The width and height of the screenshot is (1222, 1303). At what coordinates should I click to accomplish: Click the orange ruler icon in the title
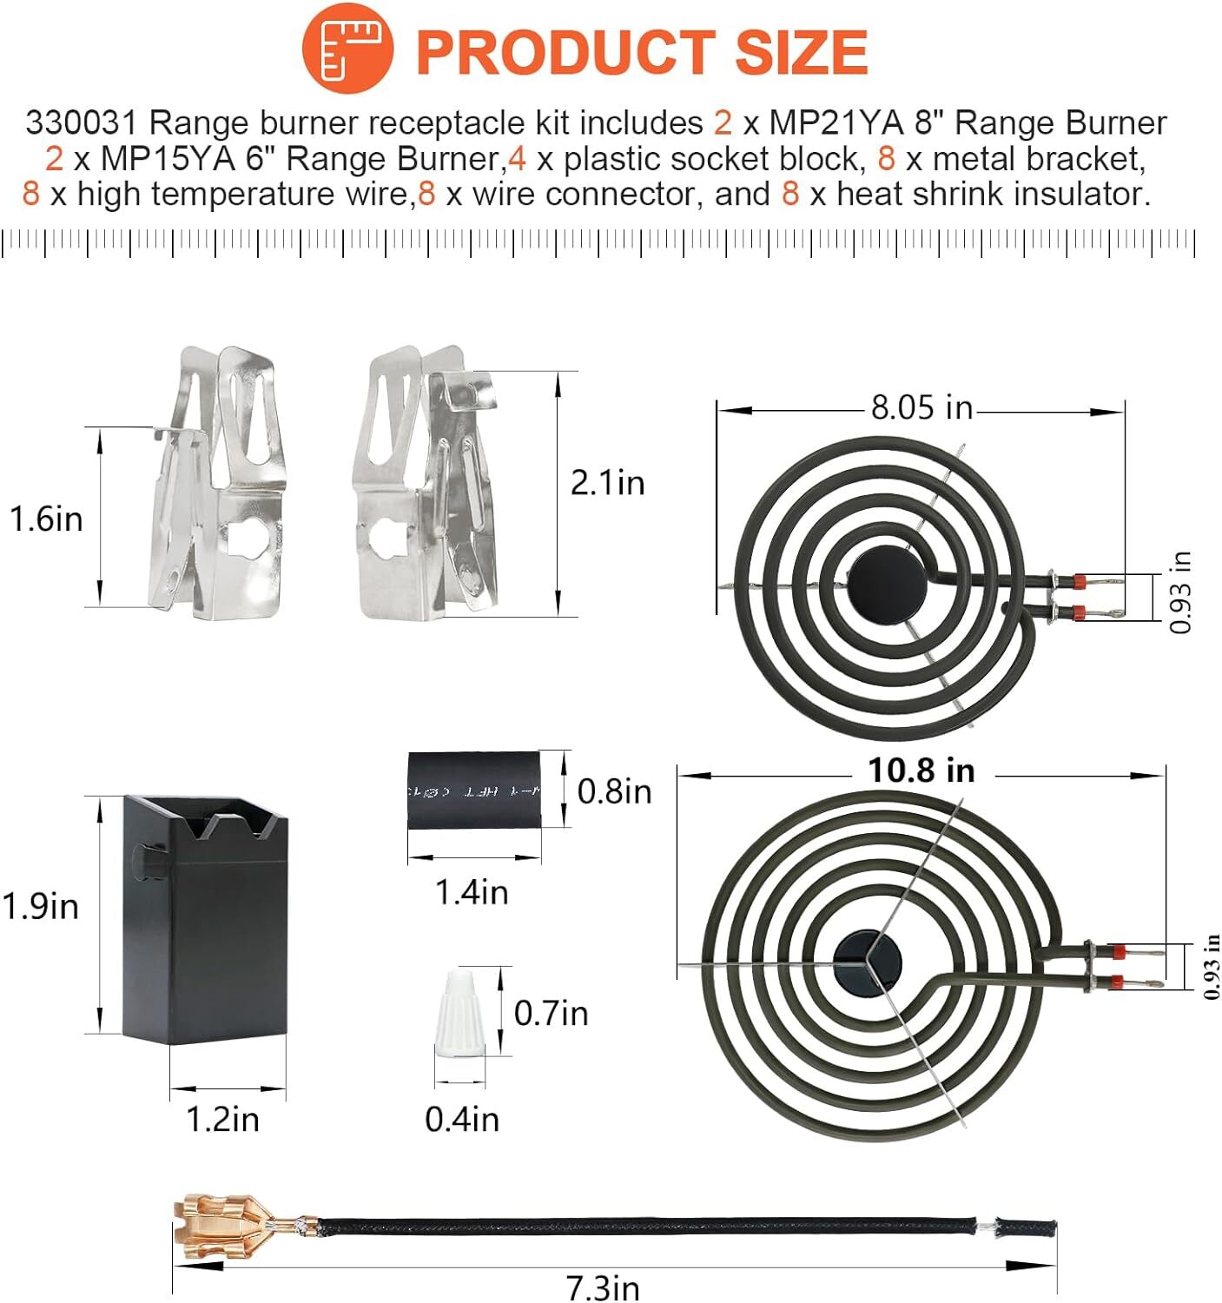click(347, 47)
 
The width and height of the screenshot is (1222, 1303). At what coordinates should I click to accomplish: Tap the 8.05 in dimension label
click(921, 408)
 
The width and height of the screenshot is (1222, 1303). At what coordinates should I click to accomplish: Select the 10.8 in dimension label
click(921, 771)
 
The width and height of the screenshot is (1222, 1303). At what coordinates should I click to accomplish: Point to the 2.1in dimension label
click(608, 484)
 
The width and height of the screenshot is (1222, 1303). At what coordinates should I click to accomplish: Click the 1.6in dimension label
click(46, 519)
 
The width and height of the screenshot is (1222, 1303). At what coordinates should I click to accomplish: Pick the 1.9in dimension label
click(41, 907)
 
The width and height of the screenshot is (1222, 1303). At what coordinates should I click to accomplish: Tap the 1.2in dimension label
click(223, 1119)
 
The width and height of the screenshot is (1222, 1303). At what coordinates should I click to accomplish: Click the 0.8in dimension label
click(614, 792)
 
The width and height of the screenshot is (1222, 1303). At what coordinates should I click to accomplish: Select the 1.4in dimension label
click(472, 892)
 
